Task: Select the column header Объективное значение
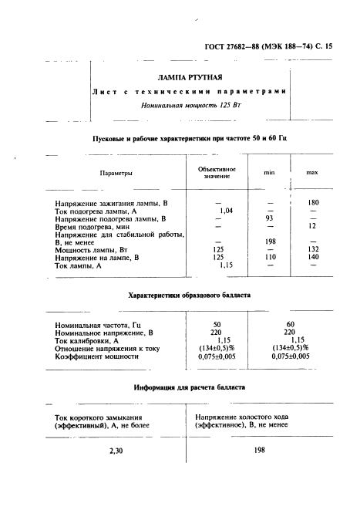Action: pos(217,172)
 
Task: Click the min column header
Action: pos(270,173)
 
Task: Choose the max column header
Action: pos(312,173)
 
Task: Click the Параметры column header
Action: pos(116,173)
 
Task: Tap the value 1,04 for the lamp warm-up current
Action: pos(227,211)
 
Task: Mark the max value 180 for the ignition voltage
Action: pos(313,202)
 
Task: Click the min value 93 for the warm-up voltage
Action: pos(270,218)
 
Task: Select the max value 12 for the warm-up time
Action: pos(313,226)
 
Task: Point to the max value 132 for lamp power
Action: pos(313,249)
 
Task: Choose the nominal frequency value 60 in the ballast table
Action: pos(290,326)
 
